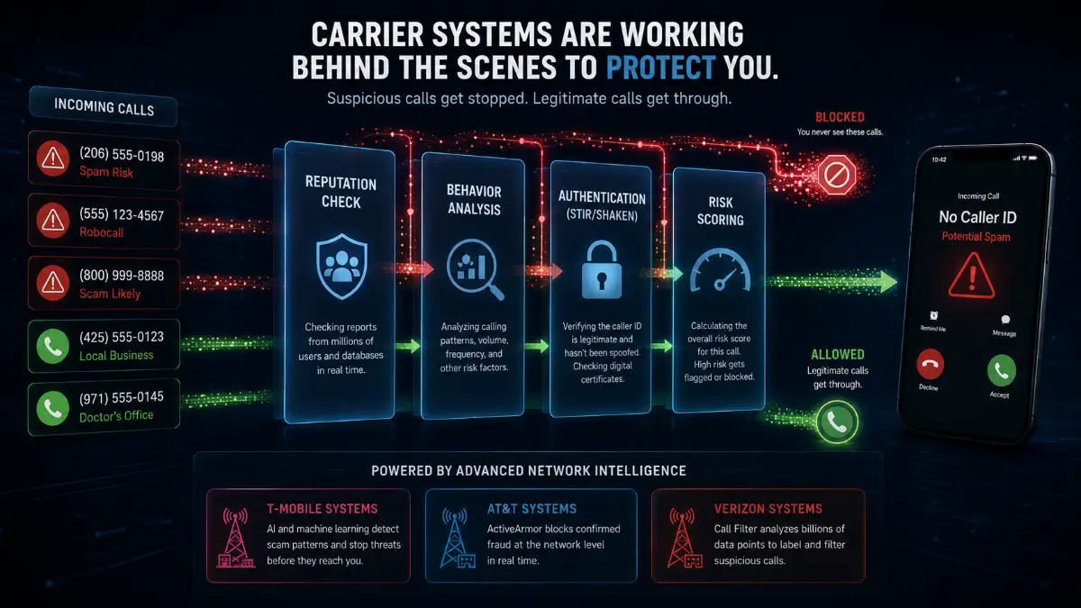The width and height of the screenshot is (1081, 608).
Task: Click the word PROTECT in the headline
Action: (660, 67)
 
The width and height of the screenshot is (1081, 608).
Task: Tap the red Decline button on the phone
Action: (930, 364)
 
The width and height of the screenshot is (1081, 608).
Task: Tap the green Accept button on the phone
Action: (1002, 370)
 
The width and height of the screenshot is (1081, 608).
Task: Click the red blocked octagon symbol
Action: (837, 175)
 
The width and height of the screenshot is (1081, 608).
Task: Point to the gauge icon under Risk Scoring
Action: (720, 269)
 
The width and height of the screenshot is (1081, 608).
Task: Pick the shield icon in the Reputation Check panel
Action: (341, 267)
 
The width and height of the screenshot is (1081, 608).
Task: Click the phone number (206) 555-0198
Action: (122, 154)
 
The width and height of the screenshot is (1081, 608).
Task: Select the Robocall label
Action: (101, 232)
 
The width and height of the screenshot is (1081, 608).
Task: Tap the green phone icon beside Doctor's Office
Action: (53, 408)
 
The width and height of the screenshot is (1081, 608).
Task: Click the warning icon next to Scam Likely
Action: (53, 283)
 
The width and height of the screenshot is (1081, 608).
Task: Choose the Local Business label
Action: (116, 356)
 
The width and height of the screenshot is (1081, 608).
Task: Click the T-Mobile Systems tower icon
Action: (235, 538)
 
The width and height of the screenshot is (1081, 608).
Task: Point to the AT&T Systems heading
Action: (531, 509)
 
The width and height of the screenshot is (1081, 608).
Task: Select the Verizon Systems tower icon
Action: (684, 538)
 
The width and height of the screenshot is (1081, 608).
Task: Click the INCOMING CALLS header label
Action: (104, 106)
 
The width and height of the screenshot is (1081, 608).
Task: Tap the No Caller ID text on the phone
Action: (977, 217)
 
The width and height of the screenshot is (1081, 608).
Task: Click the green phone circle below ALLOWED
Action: (837, 422)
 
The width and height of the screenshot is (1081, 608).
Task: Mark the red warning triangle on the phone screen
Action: (971, 276)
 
